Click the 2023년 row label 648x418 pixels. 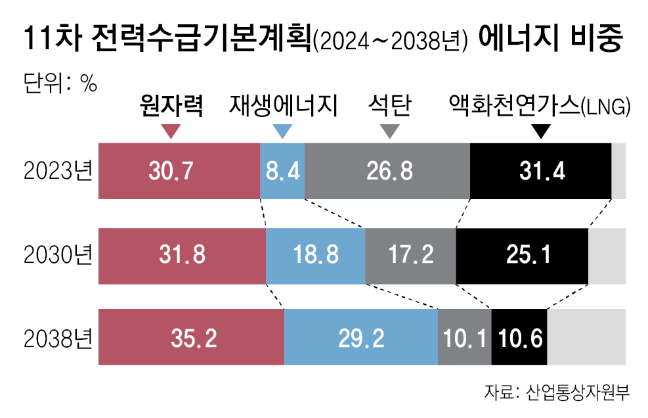[x=57, y=172]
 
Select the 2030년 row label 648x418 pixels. [x=57, y=256]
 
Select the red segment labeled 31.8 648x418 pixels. [x=182, y=256]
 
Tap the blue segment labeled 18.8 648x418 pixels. [x=315, y=256]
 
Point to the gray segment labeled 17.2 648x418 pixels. [x=410, y=256]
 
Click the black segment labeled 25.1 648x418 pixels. [x=522, y=256]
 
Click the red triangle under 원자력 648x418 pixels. [x=171, y=131]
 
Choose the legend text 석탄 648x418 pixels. [x=389, y=106]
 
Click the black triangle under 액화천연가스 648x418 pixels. [x=540, y=131]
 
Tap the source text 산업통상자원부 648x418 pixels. [x=578, y=393]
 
